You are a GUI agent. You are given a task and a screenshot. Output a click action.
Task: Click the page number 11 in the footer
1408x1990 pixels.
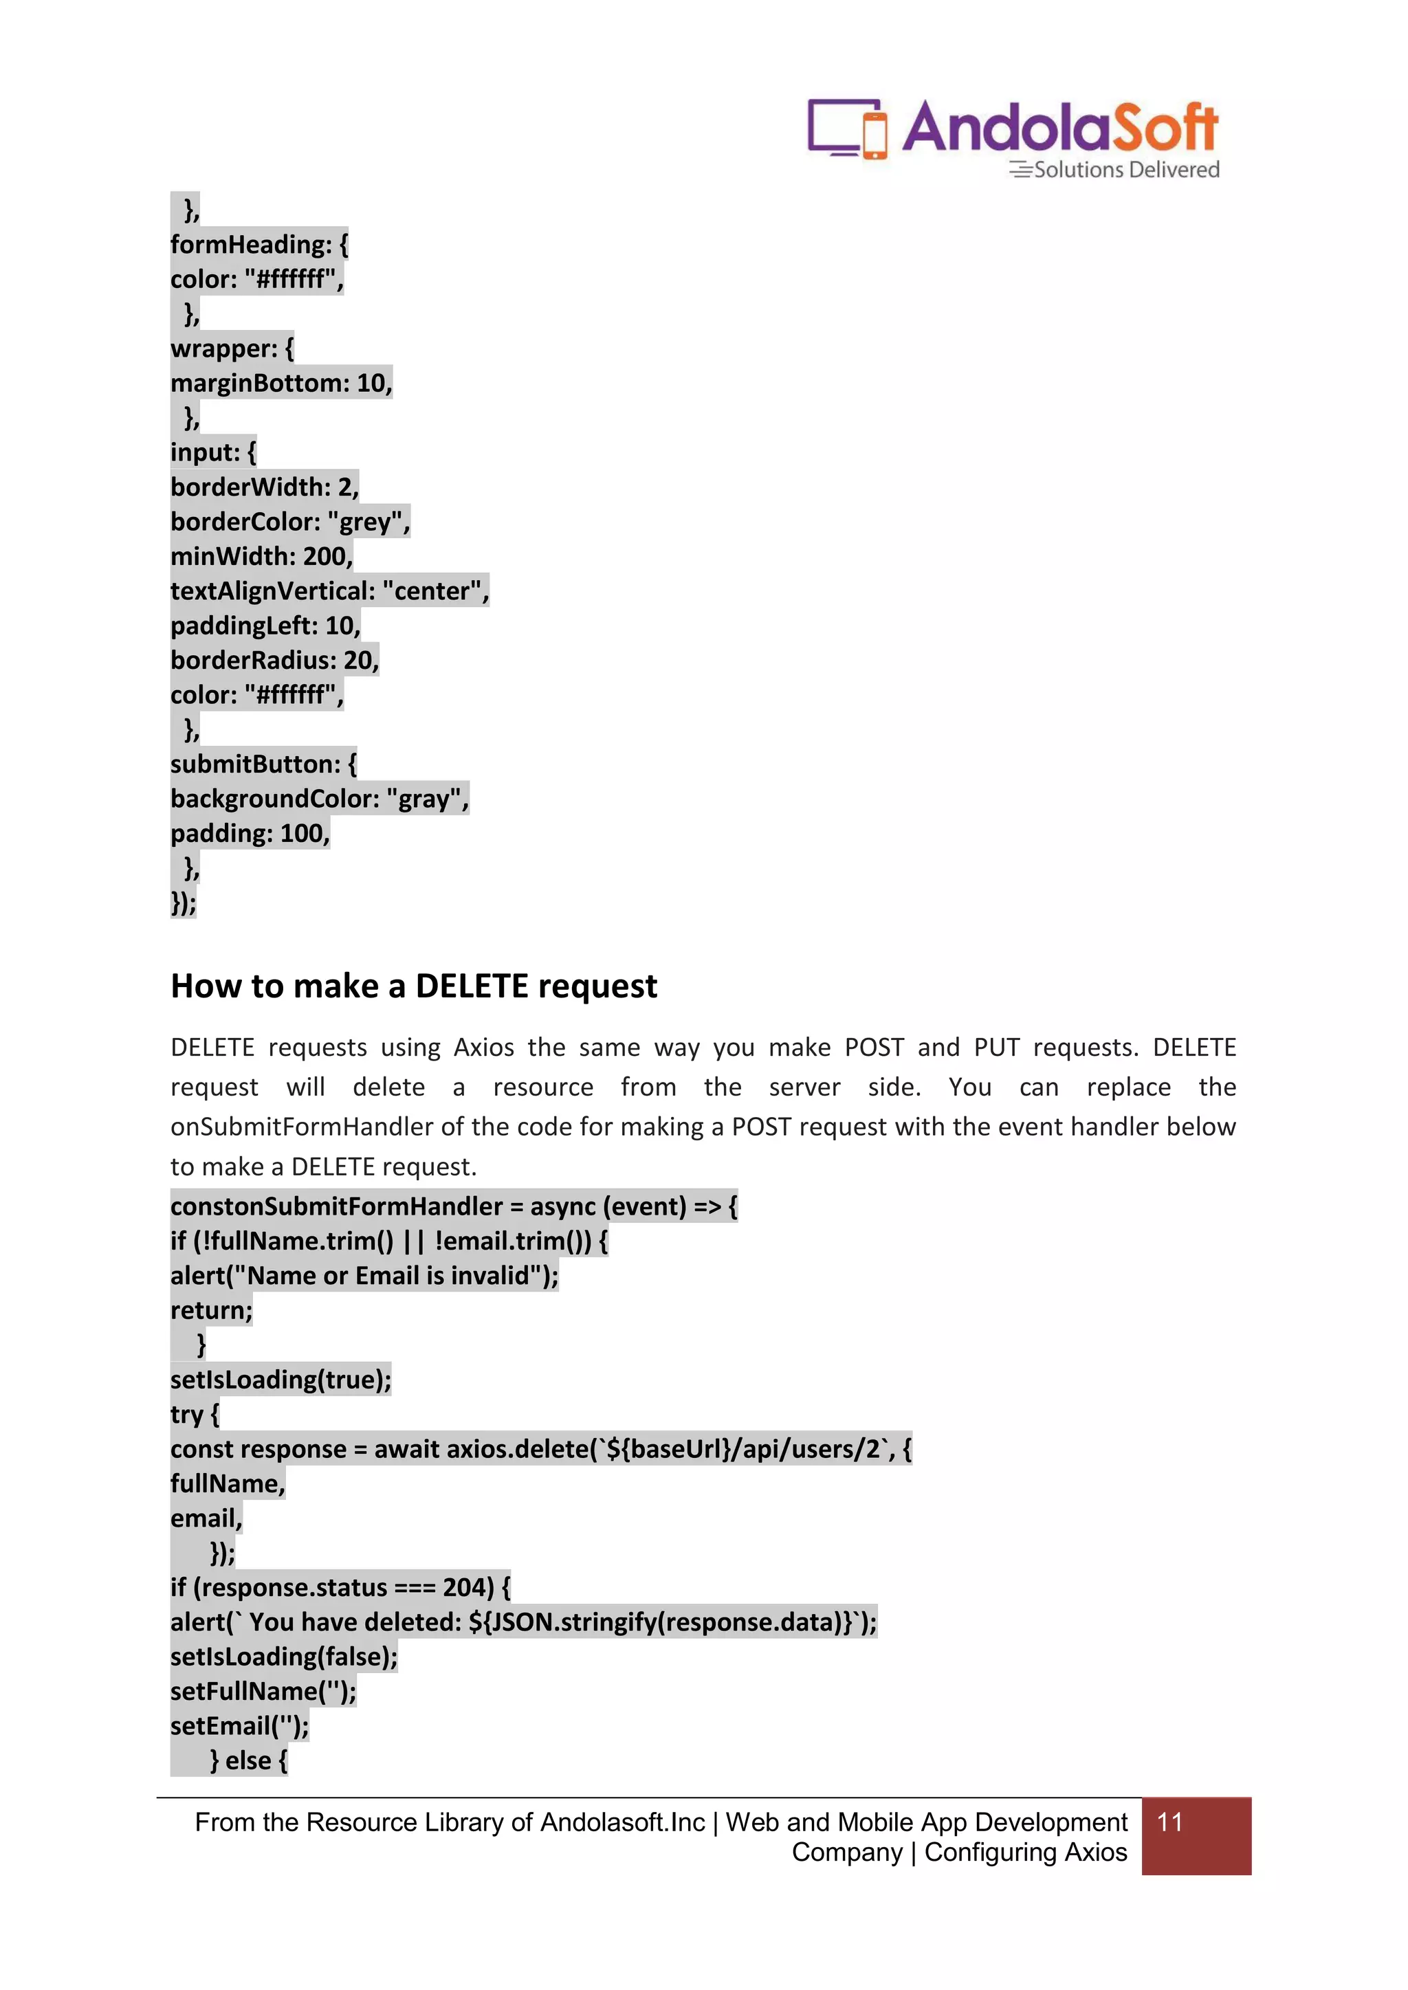click(x=1169, y=1822)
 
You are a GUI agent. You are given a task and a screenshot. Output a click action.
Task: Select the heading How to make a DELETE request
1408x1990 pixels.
click(x=414, y=986)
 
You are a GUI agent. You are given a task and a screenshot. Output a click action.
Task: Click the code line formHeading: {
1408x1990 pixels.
click(x=259, y=245)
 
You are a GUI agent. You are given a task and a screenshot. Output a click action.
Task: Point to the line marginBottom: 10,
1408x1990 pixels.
click(x=281, y=383)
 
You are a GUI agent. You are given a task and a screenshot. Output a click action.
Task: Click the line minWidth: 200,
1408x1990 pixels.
click(x=261, y=556)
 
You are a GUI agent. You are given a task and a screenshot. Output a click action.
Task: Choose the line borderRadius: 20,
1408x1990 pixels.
click(x=275, y=661)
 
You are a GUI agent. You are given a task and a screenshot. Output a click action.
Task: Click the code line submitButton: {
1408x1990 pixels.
click(x=263, y=764)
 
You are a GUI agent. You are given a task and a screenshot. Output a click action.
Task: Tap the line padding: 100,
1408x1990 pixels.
click(x=250, y=834)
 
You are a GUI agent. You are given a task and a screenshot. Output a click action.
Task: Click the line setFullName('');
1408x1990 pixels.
click(x=263, y=1692)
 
